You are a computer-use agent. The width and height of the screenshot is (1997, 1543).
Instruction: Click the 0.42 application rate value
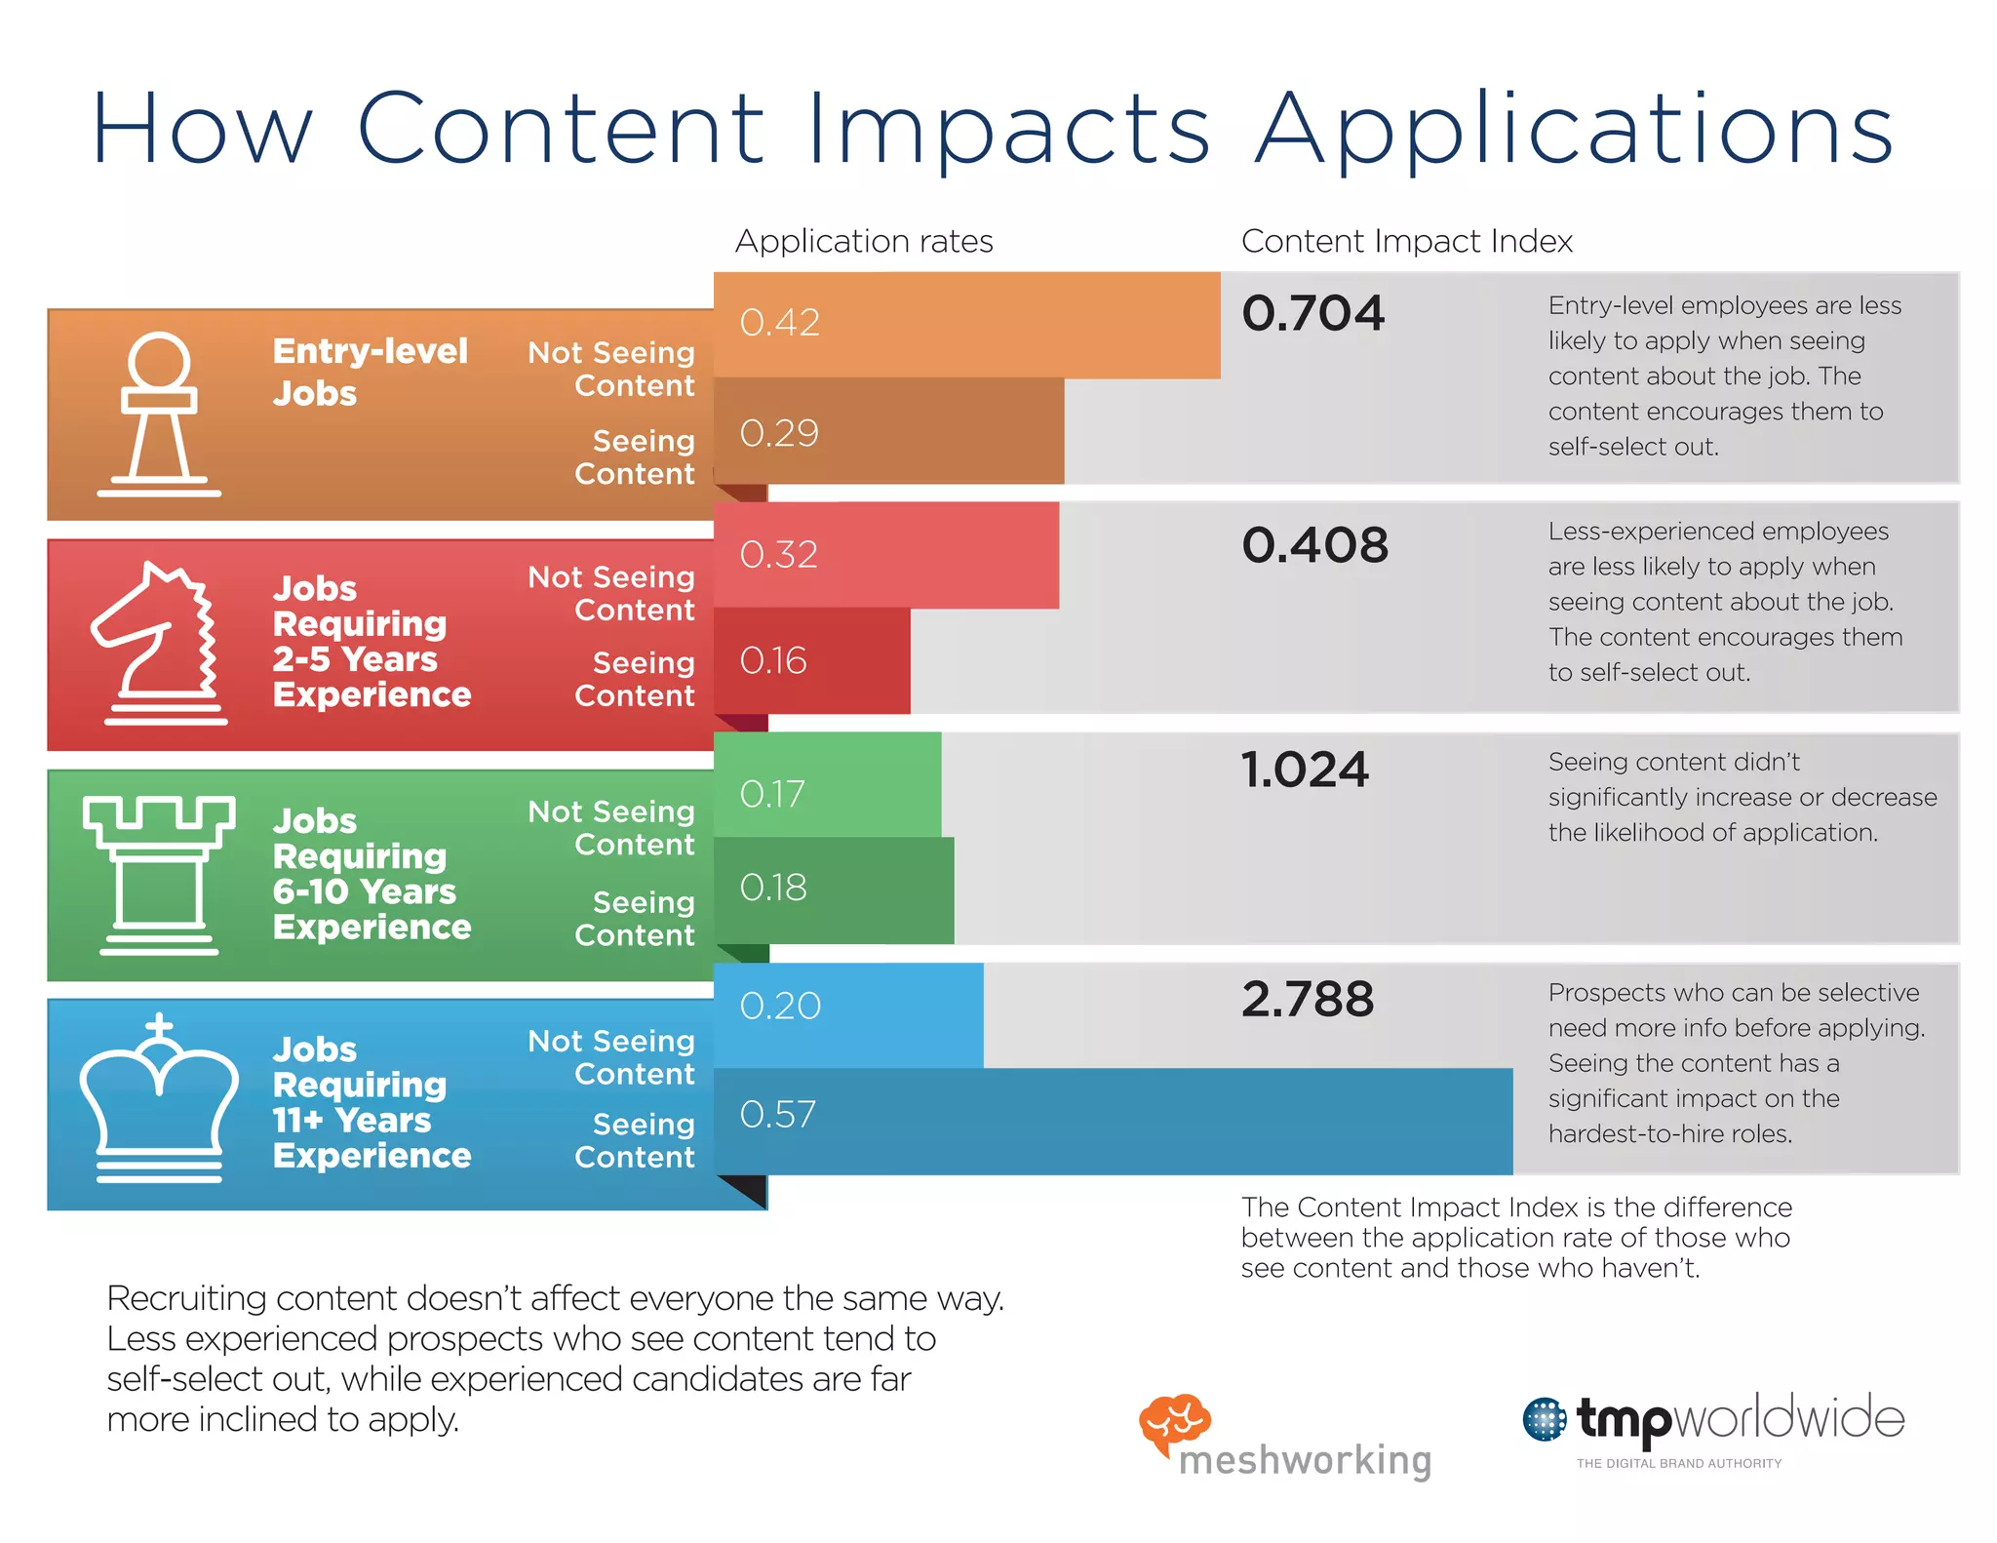779,323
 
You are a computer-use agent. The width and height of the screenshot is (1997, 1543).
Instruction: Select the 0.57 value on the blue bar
777,1115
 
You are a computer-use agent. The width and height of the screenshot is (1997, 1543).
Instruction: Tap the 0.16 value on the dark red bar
773,661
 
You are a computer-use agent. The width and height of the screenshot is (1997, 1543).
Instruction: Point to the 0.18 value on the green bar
773,888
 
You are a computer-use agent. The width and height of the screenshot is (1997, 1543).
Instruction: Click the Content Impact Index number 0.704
1312,314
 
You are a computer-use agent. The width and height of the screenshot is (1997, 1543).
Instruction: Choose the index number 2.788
1308,1001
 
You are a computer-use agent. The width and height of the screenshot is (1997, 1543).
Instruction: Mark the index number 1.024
1305,771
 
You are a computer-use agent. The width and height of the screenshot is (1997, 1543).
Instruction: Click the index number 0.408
1314,545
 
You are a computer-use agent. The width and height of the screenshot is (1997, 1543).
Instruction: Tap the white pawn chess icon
159,414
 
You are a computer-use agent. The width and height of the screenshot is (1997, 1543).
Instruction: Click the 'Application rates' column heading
864,241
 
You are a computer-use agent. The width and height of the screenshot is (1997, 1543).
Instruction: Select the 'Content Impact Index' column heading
1406,241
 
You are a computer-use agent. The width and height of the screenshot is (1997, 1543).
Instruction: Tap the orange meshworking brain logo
1175,1422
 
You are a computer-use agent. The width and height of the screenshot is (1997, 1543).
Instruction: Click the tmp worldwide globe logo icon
1545,1419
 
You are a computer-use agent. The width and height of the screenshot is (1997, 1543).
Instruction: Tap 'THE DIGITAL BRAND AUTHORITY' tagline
1678,1463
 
